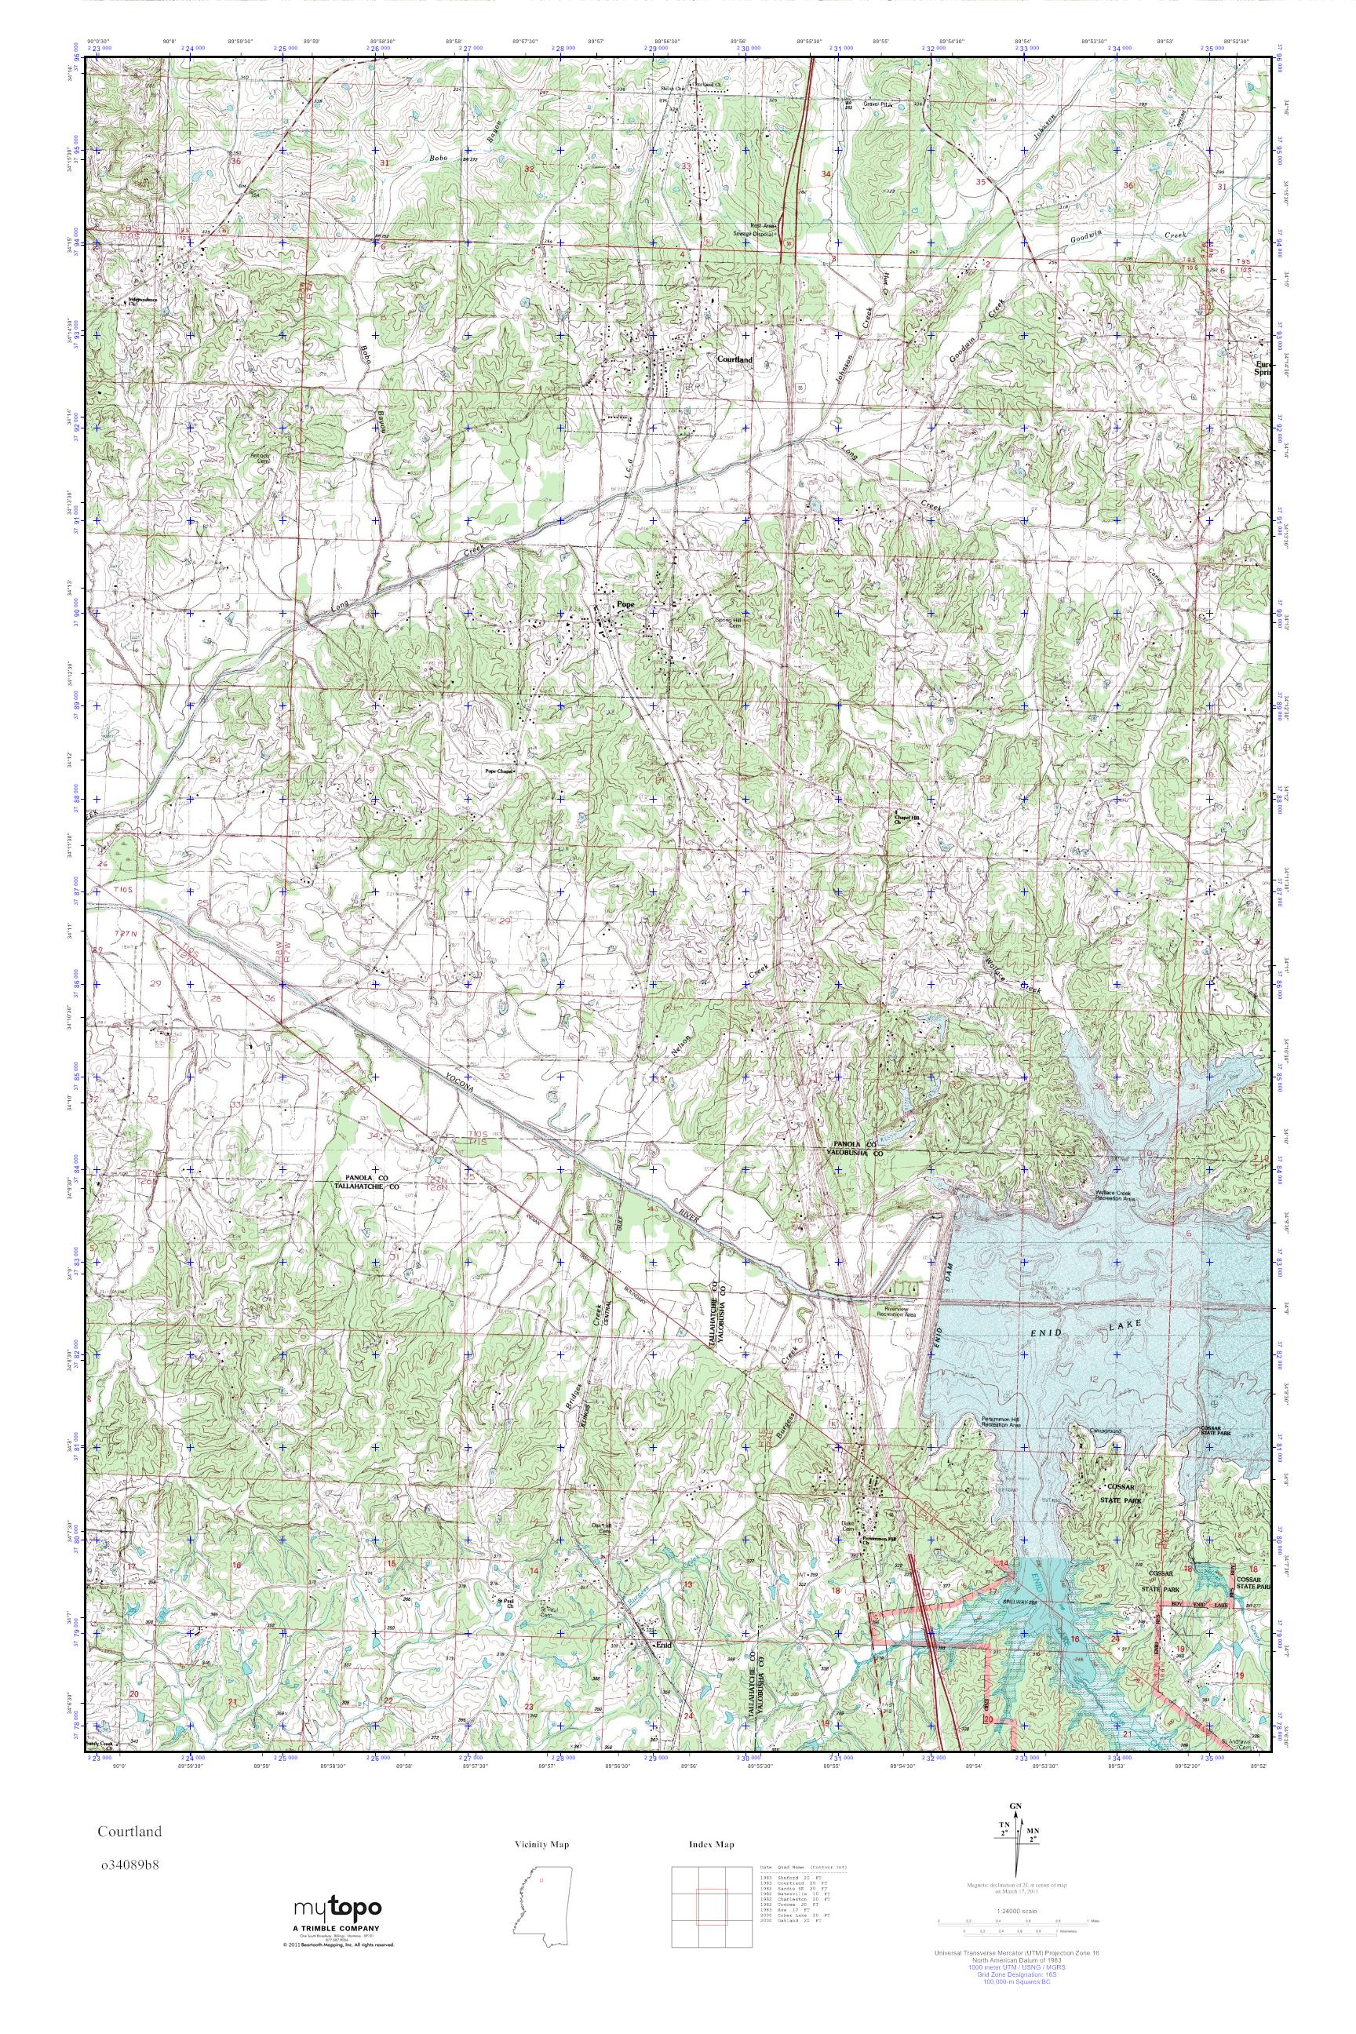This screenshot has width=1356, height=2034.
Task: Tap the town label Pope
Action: [x=624, y=603]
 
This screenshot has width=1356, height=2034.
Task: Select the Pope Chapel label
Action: [x=499, y=771]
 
